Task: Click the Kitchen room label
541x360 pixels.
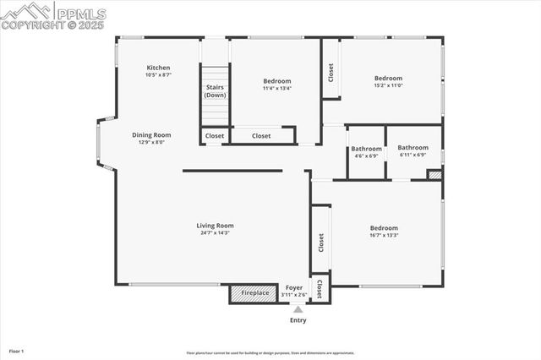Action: [x=159, y=68]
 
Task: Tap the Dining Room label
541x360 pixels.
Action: [x=151, y=134]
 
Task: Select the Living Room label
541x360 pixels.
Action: [x=215, y=226]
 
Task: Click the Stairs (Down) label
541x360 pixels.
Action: [x=215, y=90]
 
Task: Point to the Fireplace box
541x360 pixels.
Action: [x=254, y=293]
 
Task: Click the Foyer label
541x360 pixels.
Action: [x=294, y=288]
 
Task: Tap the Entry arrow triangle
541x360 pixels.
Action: [x=298, y=310]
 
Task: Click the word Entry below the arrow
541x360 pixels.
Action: [x=298, y=320]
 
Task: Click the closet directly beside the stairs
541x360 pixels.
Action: [x=215, y=135]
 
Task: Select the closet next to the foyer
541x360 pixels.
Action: [x=320, y=290]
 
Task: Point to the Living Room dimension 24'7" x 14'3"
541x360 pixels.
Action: [x=215, y=233]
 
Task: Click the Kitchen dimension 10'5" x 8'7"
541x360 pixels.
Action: [x=159, y=75]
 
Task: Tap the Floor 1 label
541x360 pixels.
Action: [x=17, y=350]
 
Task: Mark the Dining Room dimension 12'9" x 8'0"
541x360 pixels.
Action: [x=151, y=142]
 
